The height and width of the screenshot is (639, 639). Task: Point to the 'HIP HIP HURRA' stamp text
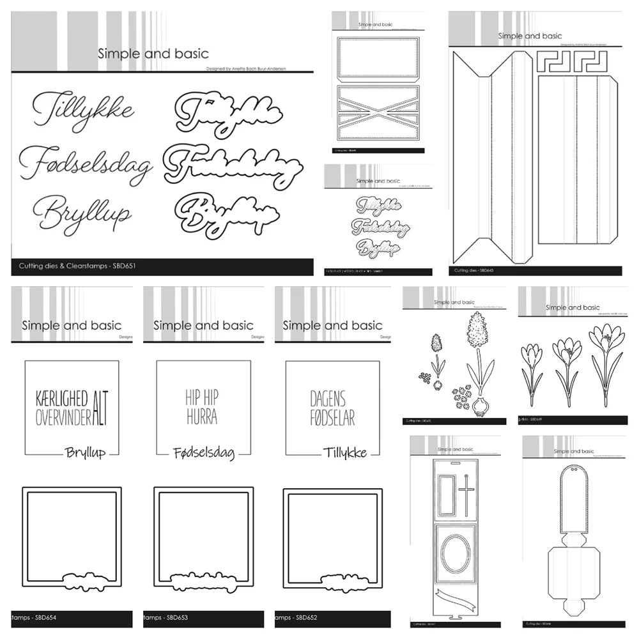(x=202, y=408)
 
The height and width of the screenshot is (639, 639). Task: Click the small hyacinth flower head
(x=438, y=345)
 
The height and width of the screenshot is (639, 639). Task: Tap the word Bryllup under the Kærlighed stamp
(x=85, y=452)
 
